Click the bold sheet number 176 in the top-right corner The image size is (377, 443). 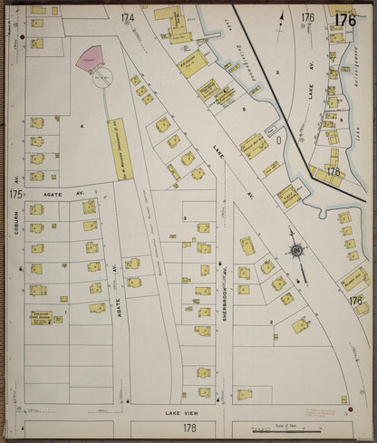(345, 20)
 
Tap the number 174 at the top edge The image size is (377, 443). (127, 17)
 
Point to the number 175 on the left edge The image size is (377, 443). (15, 194)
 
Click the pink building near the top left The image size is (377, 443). (88, 62)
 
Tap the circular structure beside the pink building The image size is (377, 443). (101, 76)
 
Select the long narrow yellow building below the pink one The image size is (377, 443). (120, 149)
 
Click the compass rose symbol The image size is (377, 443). (296, 251)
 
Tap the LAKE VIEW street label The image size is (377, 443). (179, 411)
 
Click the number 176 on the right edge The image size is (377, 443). (356, 301)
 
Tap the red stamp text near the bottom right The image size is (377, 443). (321, 412)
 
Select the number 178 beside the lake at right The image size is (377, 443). (333, 171)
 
